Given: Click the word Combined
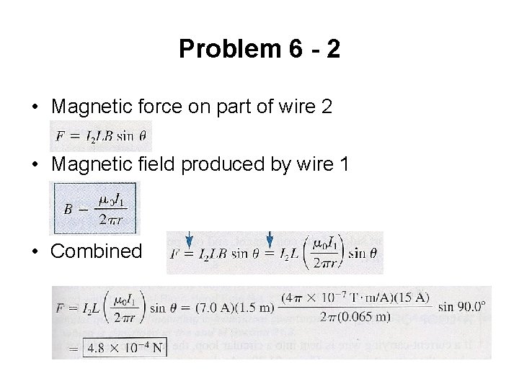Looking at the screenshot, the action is click(97, 251).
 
